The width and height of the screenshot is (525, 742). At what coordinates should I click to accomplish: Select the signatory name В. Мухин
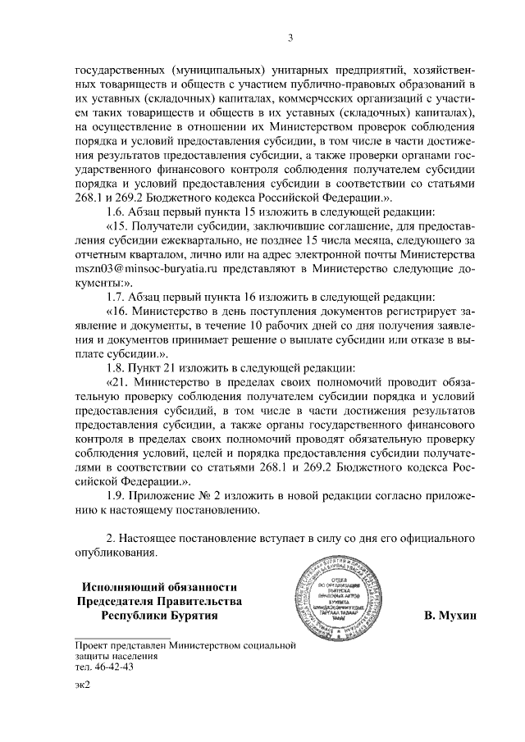click(450, 615)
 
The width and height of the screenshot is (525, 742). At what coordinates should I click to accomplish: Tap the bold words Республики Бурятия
click(160, 615)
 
